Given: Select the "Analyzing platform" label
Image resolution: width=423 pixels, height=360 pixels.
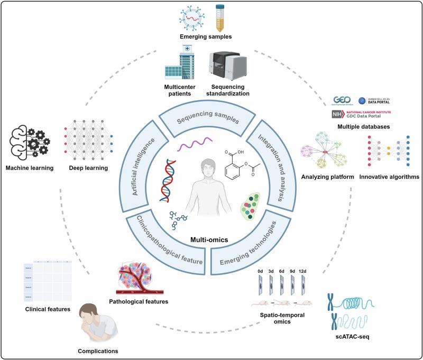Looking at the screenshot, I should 326,176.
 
